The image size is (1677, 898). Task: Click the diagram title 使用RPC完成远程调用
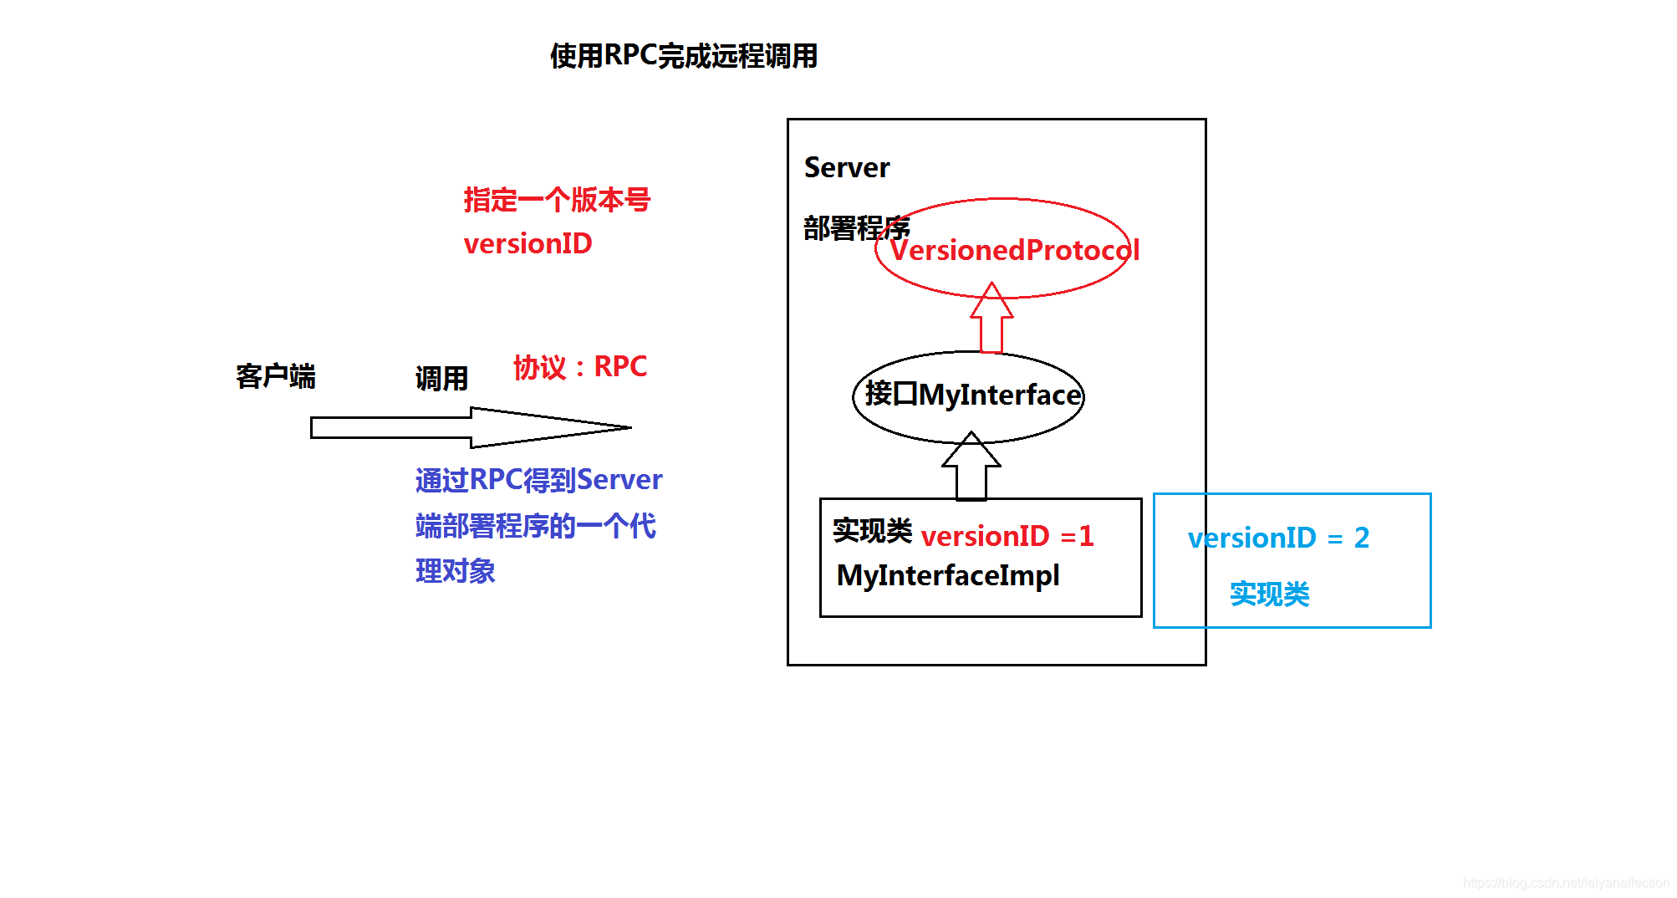(x=683, y=56)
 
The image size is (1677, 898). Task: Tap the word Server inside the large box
(x=846, y=168)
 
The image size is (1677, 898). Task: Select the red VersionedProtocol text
(x=1013, y=250)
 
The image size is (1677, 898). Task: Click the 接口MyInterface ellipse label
(x=972, y=395)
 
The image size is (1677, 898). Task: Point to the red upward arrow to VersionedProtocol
(x=991, y=319)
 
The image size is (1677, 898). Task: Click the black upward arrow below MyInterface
(x=971, y=467)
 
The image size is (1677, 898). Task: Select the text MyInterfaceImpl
(x=947, y=575)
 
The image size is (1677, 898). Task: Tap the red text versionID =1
(x=1007, y=536)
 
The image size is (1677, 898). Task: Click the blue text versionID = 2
(x=1277, y=538)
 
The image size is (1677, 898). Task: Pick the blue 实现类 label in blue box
(x=1269, y=594)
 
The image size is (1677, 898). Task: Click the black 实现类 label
(x=872, y=530)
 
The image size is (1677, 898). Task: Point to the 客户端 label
(x=275, y=376)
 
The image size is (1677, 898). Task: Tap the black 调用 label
(x=441, y=379)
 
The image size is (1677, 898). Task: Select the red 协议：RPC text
(x=579, y=367)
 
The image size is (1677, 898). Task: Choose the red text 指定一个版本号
(x=557, y=200)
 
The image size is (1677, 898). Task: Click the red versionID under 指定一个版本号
(x=528, y=244)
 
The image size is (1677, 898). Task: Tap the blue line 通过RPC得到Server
(x=538, y=480)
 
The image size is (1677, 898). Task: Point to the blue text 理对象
(x=455, y=572)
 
